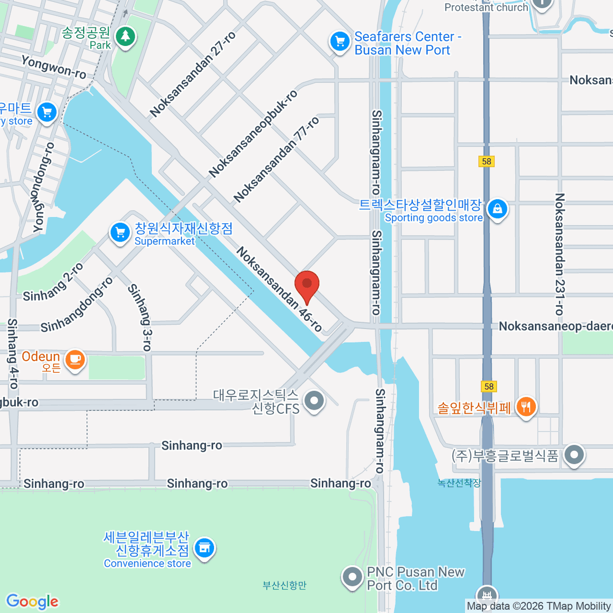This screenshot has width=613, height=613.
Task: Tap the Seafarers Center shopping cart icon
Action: pos(339,42)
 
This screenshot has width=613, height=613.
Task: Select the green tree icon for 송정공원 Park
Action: pos(125,36)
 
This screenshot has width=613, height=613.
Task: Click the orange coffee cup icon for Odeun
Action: pos(75,359)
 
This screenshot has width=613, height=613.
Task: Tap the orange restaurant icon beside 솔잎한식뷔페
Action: pos(526,407)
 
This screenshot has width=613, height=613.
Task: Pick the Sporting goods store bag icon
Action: pos(497,208)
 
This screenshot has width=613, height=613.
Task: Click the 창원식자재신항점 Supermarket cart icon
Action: pos(120,232)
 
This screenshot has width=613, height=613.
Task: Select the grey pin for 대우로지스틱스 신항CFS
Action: pos(314,400)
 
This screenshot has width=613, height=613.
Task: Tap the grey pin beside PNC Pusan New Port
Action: pos(352,577)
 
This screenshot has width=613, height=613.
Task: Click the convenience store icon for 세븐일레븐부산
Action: pos(204,548)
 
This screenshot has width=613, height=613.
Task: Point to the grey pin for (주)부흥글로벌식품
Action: pos(574,454)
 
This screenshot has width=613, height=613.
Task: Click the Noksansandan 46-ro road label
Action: pos(279,289)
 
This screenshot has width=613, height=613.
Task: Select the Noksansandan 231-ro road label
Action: pos(560,254)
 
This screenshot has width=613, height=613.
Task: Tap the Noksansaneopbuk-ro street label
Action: pos(253,134)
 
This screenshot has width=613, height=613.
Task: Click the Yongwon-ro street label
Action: pos(54,67)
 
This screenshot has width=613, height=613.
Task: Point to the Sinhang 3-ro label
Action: pos(140,317)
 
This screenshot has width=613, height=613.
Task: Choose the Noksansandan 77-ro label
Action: pos(276,159)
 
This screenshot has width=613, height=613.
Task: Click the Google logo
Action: pos(32,601)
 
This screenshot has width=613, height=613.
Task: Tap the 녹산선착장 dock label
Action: pos(459,483)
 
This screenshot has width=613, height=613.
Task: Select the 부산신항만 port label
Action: pos(285,585)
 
